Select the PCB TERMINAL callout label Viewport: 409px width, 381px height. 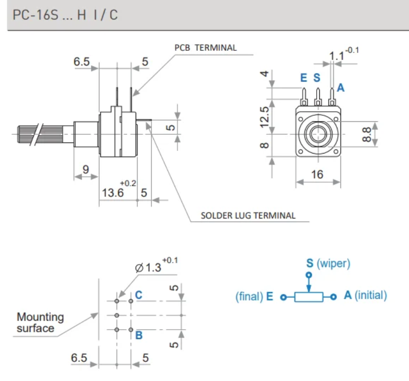(205, 48)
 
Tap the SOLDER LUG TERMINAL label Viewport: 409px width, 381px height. (248, 215)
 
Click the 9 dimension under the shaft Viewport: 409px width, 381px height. (86, 170)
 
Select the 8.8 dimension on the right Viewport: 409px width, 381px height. (367, 135)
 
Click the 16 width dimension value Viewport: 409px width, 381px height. (317, 175)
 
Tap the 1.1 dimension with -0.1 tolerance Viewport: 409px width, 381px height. (336, 54)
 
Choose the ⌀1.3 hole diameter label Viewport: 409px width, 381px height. (149, 267)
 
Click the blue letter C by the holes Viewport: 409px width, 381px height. (139, 295)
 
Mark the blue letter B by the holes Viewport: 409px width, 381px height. (139, 335)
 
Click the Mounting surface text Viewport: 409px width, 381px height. (40, 323)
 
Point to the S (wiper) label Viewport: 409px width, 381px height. (328, 263)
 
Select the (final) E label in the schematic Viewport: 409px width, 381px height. (254, 296)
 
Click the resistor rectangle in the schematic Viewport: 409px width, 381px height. (309, 297)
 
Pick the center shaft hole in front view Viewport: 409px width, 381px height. (318, 134)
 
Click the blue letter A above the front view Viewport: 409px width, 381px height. (340, 88)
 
